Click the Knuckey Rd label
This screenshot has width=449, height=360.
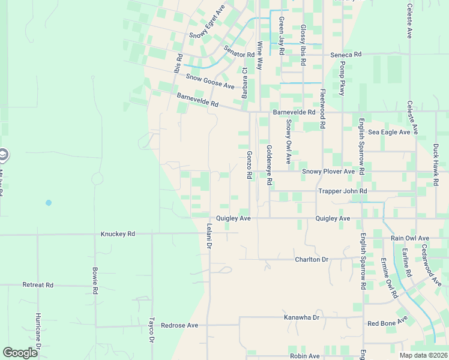(x=118, y=234)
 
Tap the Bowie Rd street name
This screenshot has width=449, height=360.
(x=95, y=280)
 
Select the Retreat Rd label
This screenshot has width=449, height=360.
(x=38, y=284)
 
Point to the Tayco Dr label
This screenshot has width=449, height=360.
(x=152, y=330)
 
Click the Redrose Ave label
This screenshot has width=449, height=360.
(x=179, y=325)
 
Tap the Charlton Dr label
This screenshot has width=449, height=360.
(x=312, y=259)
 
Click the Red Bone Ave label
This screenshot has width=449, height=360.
(x=388, y=323)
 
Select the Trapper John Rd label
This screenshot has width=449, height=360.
(x=342, y=191)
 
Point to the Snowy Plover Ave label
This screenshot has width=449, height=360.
(x=328, y=171)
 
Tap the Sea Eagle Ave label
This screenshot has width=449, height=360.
(x=389, y=132)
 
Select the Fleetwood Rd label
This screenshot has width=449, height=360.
(x=322, y=109)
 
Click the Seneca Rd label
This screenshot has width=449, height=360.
(x=346, y=55)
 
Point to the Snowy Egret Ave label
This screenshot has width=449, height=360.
(x=206, y=22)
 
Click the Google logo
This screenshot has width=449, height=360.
(x=20, y=353)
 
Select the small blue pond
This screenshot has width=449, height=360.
(x=49, y=203)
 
